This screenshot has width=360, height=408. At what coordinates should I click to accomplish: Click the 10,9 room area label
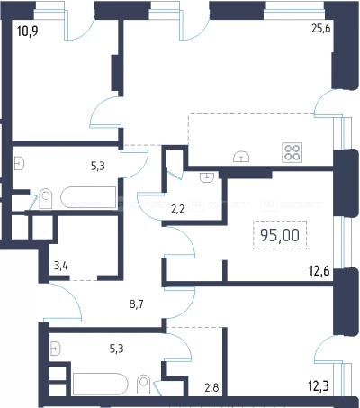(x=28, y=31)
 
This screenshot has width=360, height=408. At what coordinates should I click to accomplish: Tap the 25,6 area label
(x=321, y=29)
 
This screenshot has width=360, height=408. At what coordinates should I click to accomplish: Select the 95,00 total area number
(x=280, y=235)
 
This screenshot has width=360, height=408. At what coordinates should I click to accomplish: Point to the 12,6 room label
(x=319, y=271)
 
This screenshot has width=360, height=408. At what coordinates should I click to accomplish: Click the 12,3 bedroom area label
(x=319, y=385)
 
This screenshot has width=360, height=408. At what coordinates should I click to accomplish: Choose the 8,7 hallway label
(x=137, y=304)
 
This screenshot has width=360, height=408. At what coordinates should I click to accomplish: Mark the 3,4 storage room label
(x=61, y=266)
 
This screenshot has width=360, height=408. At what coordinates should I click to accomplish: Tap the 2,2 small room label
(x=177, y=209)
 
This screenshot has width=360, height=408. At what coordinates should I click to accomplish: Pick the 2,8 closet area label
(x=211, y=387)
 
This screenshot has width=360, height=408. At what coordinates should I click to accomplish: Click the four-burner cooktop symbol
(x=292, y=152)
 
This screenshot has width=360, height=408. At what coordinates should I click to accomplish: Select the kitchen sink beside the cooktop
(x=241, y=156)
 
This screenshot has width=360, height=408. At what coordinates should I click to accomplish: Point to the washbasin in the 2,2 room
(x=207, y=177)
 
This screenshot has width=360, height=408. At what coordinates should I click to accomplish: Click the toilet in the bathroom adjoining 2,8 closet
(x=144, y=384)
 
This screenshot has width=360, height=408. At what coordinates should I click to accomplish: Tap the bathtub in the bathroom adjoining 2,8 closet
(x=101, y=384)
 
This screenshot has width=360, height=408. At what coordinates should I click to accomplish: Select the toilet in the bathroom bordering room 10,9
(x=46, y=198)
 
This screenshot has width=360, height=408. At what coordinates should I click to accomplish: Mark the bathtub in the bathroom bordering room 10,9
(x=88, y=198)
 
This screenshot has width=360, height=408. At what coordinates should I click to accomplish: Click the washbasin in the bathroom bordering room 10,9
(x=19, y=164)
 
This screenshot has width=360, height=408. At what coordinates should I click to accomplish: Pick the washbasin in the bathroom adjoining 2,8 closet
(x=56, y=349)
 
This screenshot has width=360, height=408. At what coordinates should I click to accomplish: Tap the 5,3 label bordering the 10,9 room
(x=98, y=166)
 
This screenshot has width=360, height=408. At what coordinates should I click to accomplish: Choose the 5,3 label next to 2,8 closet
(x=116, y=349)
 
